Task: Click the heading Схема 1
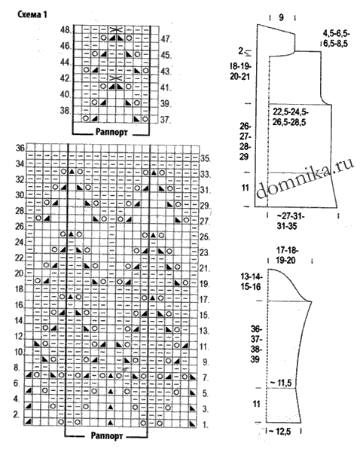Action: click(32, 14)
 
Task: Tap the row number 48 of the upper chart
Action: click(66, 30)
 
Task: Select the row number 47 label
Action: click(166, 39)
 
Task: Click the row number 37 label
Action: click(166, 120)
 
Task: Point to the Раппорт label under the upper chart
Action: click(111, 133)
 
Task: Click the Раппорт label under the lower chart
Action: click(107, 435)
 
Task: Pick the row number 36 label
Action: click(20, 148)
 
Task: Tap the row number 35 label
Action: click(205, 159)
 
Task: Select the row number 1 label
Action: click(205, 426)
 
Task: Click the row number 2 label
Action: click(17, 415)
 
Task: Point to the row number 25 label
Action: click(205, 237)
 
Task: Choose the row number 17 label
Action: click(205, 299)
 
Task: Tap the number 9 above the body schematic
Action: click(281, 17)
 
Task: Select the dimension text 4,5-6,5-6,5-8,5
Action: click(336, 38)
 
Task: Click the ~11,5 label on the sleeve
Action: click(280, 383)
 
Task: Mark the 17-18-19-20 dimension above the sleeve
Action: click(287, 255)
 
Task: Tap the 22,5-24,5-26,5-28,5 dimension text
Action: click(291, 117)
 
